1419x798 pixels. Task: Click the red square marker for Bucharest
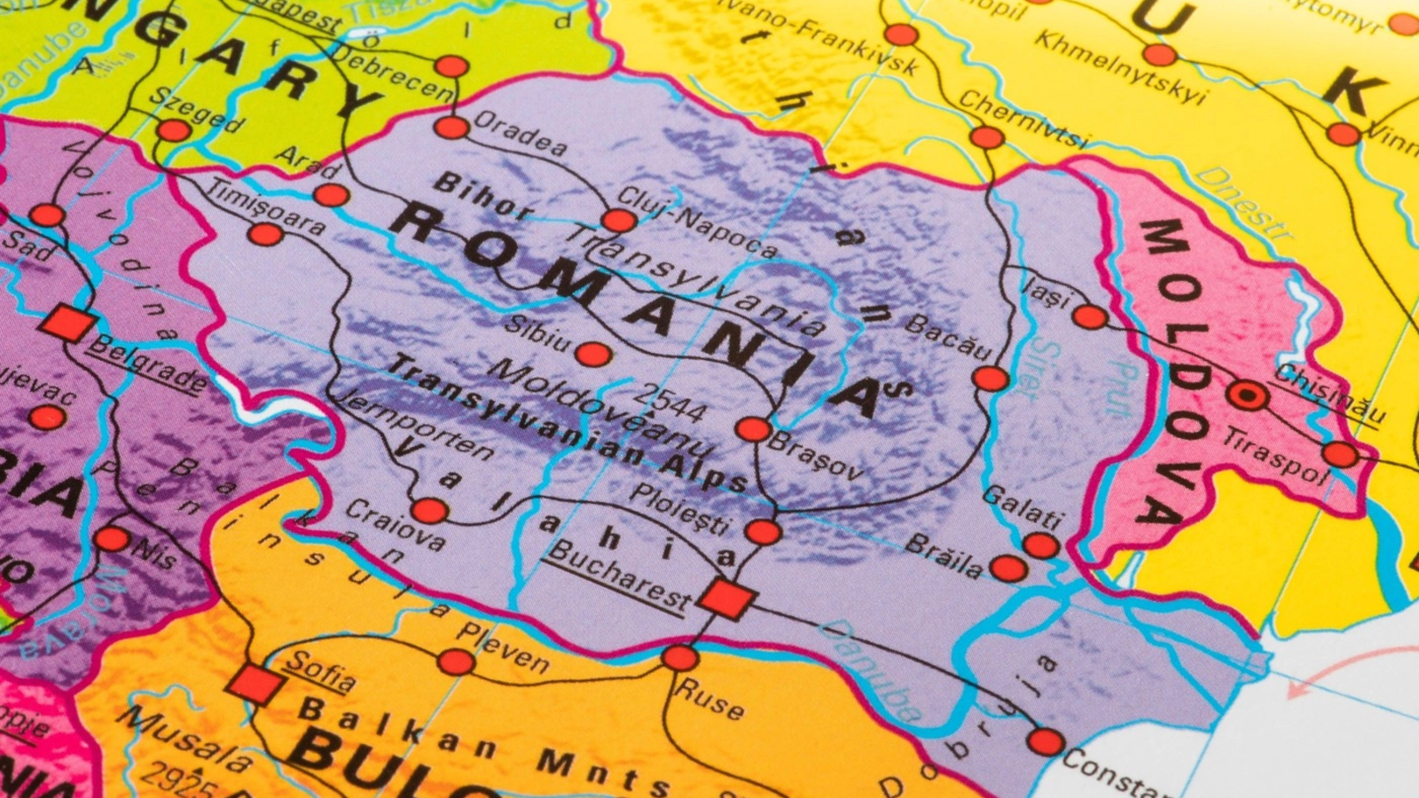tap(727, 598)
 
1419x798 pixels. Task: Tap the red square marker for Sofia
tap(255, 685)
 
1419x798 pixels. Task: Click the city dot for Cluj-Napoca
tap(618, 221)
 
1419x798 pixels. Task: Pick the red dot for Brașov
tap(753, 430)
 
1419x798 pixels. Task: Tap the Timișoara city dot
tap(264, 235)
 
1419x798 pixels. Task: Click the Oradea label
tap(521, 134)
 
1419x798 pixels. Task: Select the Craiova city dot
tap(430, 511)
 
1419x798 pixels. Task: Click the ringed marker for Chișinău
tap(1249, 395)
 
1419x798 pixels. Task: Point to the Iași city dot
tap(1090, 317)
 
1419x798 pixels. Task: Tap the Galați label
tap(1023, 508)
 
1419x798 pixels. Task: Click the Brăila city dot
tap(1008, 567)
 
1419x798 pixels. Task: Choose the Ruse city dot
tap(680, 658)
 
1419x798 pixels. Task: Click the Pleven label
tap(503, 646)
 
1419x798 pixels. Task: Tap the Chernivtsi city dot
tap(986, 137)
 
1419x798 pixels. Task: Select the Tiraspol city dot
tap(1340, 455)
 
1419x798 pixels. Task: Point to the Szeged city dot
tap(173, 131)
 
